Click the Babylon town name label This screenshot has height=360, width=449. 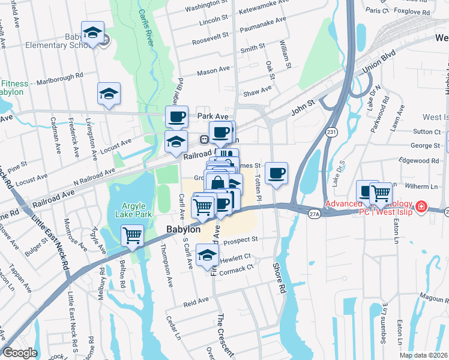tap(183, 230)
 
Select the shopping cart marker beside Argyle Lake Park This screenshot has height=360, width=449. tap(132, 235)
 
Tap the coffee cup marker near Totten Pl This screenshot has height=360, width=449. tap(276, 173)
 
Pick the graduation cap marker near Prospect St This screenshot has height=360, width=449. tap(208, 255)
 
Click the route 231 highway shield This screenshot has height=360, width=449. tap(331, 131)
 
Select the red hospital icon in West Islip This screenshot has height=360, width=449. tap(422, 206)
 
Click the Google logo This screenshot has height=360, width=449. tap(20, 352)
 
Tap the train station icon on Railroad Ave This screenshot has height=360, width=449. tap(204, 140)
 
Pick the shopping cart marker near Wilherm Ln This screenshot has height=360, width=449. tap(381, 193)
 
